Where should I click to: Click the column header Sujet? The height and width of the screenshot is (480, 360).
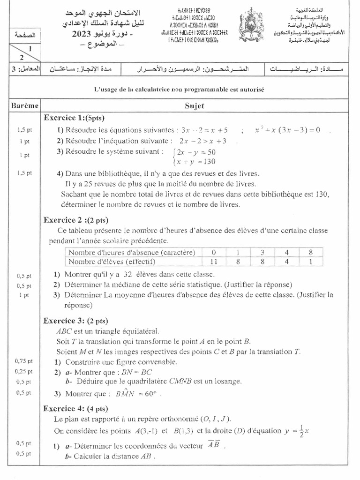point(195,106)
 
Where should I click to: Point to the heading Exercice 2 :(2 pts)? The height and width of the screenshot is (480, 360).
point(75,219)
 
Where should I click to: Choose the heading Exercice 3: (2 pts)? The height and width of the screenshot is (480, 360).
point(75,321)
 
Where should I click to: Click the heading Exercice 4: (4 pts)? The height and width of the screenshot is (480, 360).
point(75,408)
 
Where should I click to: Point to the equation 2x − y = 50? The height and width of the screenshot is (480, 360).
point(196,152)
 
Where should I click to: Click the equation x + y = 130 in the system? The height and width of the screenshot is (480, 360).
point(196,162)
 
